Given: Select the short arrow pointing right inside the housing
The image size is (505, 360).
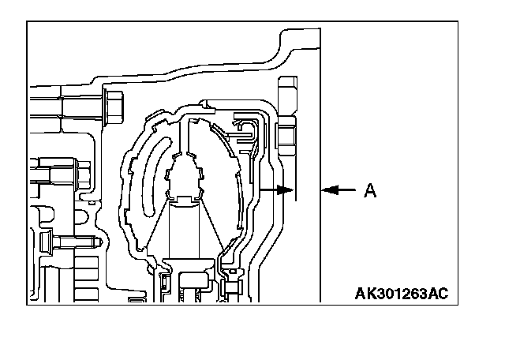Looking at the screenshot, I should pyautogui.click(x=276, y=189).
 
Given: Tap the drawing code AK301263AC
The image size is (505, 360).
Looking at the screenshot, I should pyautogui.click(x=401, y=294).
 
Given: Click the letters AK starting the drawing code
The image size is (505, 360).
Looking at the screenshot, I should pyautogui.click(x=365, y=294).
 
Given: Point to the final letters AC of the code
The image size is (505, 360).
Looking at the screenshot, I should pyautogui.click(x=438, y=294).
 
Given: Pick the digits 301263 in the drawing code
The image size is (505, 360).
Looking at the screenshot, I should pyautogui.click(x=401, y=294).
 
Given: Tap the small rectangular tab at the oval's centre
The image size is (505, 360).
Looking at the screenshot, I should pyautogui.click(x=186, y=198).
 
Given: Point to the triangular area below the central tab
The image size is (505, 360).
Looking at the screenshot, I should pyautogui.click(x=186, y=229).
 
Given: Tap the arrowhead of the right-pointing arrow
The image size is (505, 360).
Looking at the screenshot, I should pyautogui.click(x=288, y=189).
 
